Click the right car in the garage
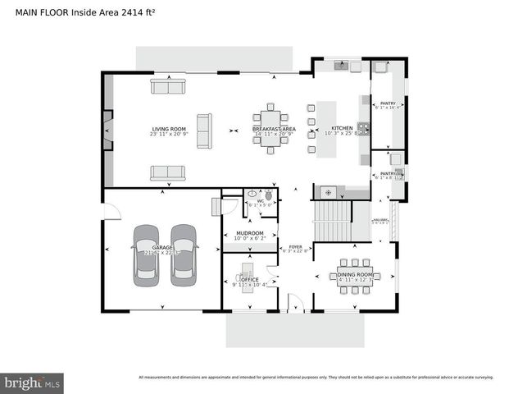coord(184,254)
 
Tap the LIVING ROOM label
coord(169,129)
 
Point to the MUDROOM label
coord(249,233)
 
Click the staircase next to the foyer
coord(333,221)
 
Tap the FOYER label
coord(294,247)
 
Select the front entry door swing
coord(295,305)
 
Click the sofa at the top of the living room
coord(168,86)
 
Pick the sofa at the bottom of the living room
coord(167,172)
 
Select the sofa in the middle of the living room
coord(202,129)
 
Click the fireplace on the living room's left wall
coord(107,129)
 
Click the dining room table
coord(355,277)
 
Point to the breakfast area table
coord(273,129)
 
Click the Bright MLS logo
coord(33,383)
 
